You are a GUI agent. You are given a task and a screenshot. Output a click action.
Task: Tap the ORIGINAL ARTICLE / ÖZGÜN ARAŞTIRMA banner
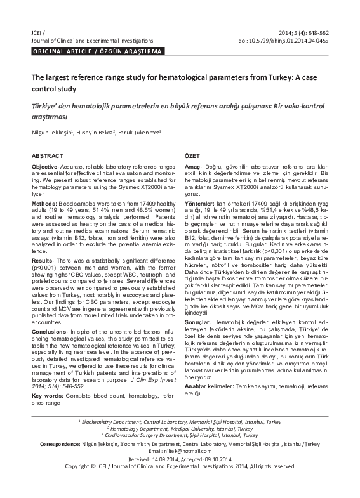coord(97,51)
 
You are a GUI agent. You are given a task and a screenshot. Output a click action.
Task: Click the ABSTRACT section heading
coord(47,155)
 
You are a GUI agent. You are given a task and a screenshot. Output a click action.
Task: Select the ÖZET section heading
coord(192,155)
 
